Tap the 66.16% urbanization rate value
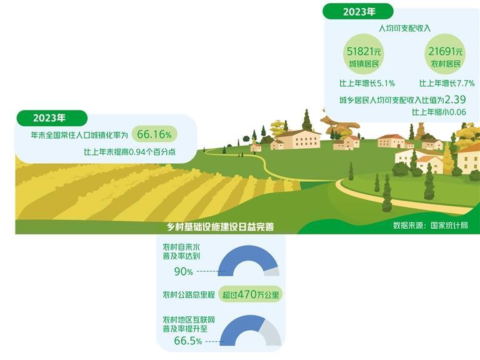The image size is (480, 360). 154,134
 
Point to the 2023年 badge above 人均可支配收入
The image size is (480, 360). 358,11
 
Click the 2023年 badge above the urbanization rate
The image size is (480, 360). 51,117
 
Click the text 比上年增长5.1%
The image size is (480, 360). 366,83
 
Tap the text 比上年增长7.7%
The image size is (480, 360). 446,83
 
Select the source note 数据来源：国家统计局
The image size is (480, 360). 430,225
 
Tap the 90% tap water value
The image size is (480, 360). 183,271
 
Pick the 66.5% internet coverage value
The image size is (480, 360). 188,341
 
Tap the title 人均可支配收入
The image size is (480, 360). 404,28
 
